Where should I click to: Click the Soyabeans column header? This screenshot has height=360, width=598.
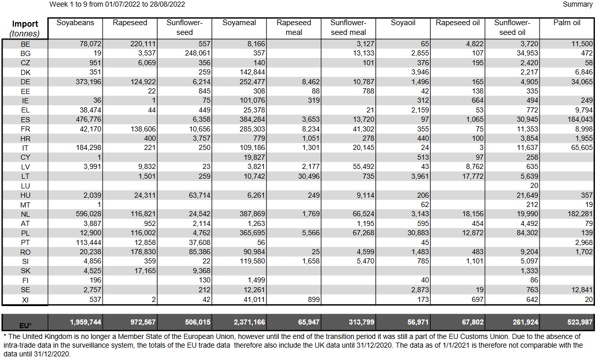click(75, 23)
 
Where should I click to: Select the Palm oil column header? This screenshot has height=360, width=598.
click(567, 23)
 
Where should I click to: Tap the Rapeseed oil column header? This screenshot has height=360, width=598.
click(458, 23)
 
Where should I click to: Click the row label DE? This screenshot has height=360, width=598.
click(25, 82)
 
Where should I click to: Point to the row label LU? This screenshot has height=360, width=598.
click(25, 186)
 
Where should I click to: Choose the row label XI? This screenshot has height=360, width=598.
click(25, 300)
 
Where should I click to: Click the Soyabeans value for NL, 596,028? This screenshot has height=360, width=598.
click(88, 214)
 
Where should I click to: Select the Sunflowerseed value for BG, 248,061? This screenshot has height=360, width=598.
click(198, 53)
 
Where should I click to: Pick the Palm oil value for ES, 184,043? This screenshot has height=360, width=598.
click(580, 120)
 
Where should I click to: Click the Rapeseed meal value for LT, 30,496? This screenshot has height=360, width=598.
click(308, 176)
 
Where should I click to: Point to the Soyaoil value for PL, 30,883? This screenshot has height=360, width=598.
click(418, 233)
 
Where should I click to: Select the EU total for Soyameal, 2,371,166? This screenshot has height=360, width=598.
click(249, 322)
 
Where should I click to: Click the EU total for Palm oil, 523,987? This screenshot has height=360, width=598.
click(580, 322)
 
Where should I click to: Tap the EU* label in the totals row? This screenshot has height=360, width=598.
click(25, 326)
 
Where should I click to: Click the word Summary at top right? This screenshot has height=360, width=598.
click(577, 4)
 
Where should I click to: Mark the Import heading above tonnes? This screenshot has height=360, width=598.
click(25, 24)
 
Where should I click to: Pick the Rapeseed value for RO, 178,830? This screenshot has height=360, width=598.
click(143, 252)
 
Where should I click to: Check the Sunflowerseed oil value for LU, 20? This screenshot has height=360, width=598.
click(534, 185)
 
